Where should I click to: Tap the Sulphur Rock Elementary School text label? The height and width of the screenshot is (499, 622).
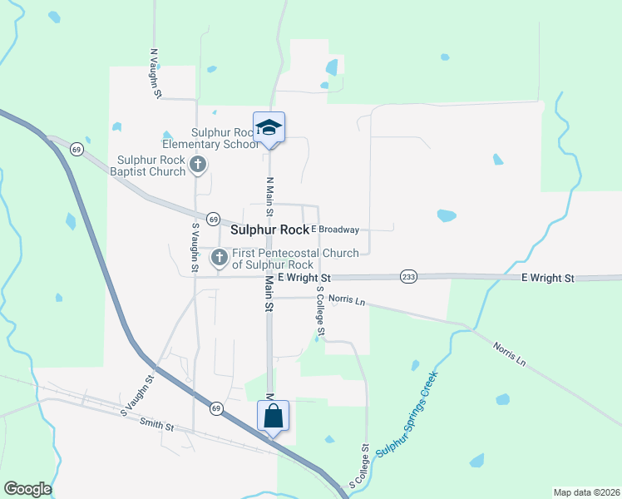[x=225, y=138]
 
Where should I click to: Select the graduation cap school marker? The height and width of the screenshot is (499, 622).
[x=269, y=127]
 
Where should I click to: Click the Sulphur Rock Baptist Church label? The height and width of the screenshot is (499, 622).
[x=151, y=166]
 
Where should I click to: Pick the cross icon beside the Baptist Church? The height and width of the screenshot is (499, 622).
[x=198, y=166]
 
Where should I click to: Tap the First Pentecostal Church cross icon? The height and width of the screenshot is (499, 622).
[x=220, y=258]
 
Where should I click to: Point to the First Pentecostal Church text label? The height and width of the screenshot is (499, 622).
[x=295, y=259]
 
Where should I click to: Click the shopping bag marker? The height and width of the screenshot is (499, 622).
[x=273, y=415]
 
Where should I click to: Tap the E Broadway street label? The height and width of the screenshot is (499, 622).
[x=334, y=229]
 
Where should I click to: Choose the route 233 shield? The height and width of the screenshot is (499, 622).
[x=408, y=276]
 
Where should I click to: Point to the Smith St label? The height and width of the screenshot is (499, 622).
[x=157, y=426]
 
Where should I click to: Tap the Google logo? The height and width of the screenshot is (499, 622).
[x=27, y=489]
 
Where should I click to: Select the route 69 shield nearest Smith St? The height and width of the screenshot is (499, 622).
[x=216, y=408]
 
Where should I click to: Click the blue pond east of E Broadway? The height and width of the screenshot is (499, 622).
[x=447, y=215]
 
